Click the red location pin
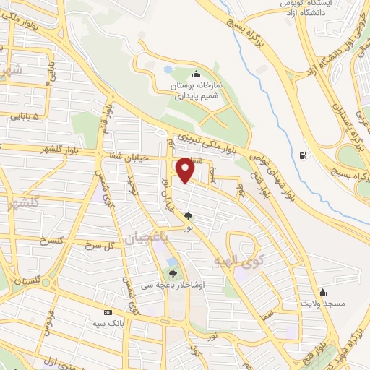[x=186, y=169]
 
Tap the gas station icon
[x=302, y=155]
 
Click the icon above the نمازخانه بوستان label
[x=196, y=74]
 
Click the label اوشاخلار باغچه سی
[x=176, y=285]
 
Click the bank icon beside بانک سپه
[x=108, y=312]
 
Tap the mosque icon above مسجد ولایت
[x=321, y=293]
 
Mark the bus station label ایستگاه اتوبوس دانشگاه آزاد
[x=314, y=8]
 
